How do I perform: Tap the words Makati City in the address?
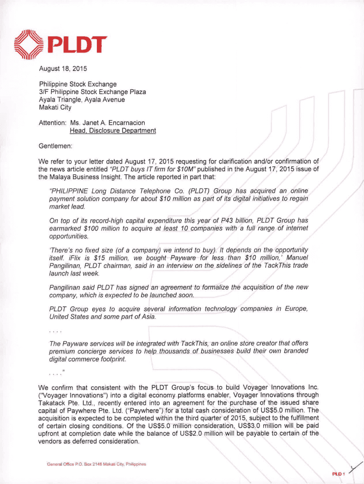point(55,107)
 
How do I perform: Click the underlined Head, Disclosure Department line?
point(113,130)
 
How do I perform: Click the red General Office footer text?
point(96,464)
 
